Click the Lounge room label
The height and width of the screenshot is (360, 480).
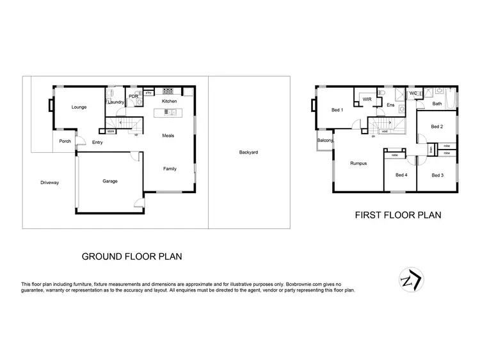pyautogui.click(x=79, y=107)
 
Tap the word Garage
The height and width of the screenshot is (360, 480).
pyautogui.click(x=110, y=182)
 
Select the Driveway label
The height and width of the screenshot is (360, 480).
pyautogui.click(x=49, y=183)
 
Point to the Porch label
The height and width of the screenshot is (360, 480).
pyautogui.click(x=65, y=142)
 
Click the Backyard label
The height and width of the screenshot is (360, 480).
pyautogui.click(x=248, y=152)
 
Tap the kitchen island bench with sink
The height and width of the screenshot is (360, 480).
pyautogui.click(x=170, y=112)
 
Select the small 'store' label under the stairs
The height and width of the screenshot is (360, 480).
pyautogui.click(x=110, y=132)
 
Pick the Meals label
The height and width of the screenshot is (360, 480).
pyautogui.click(x=168, y=136)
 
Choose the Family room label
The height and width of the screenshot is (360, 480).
pyautogui.click(x=170, y=169)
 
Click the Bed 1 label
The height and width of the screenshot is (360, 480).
pyautogui.click(x=337, y=110)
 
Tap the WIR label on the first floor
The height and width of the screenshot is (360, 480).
pyautogui.click(x=367, y=100)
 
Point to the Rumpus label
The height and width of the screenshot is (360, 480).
pyautogui.click(x=358, y=164)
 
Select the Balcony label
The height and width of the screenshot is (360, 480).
pyautogui.click(x=324, y=141)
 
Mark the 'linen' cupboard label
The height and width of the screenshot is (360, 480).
pyautogui.click(x=431, y=149)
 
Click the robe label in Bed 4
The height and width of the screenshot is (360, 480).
pyautogui.click(x=395, y=155)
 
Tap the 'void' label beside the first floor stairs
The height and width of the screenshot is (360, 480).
pyautogui.click(x=385, y=132)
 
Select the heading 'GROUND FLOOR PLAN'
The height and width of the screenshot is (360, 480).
pyautogui.click(x=132, y=256)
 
